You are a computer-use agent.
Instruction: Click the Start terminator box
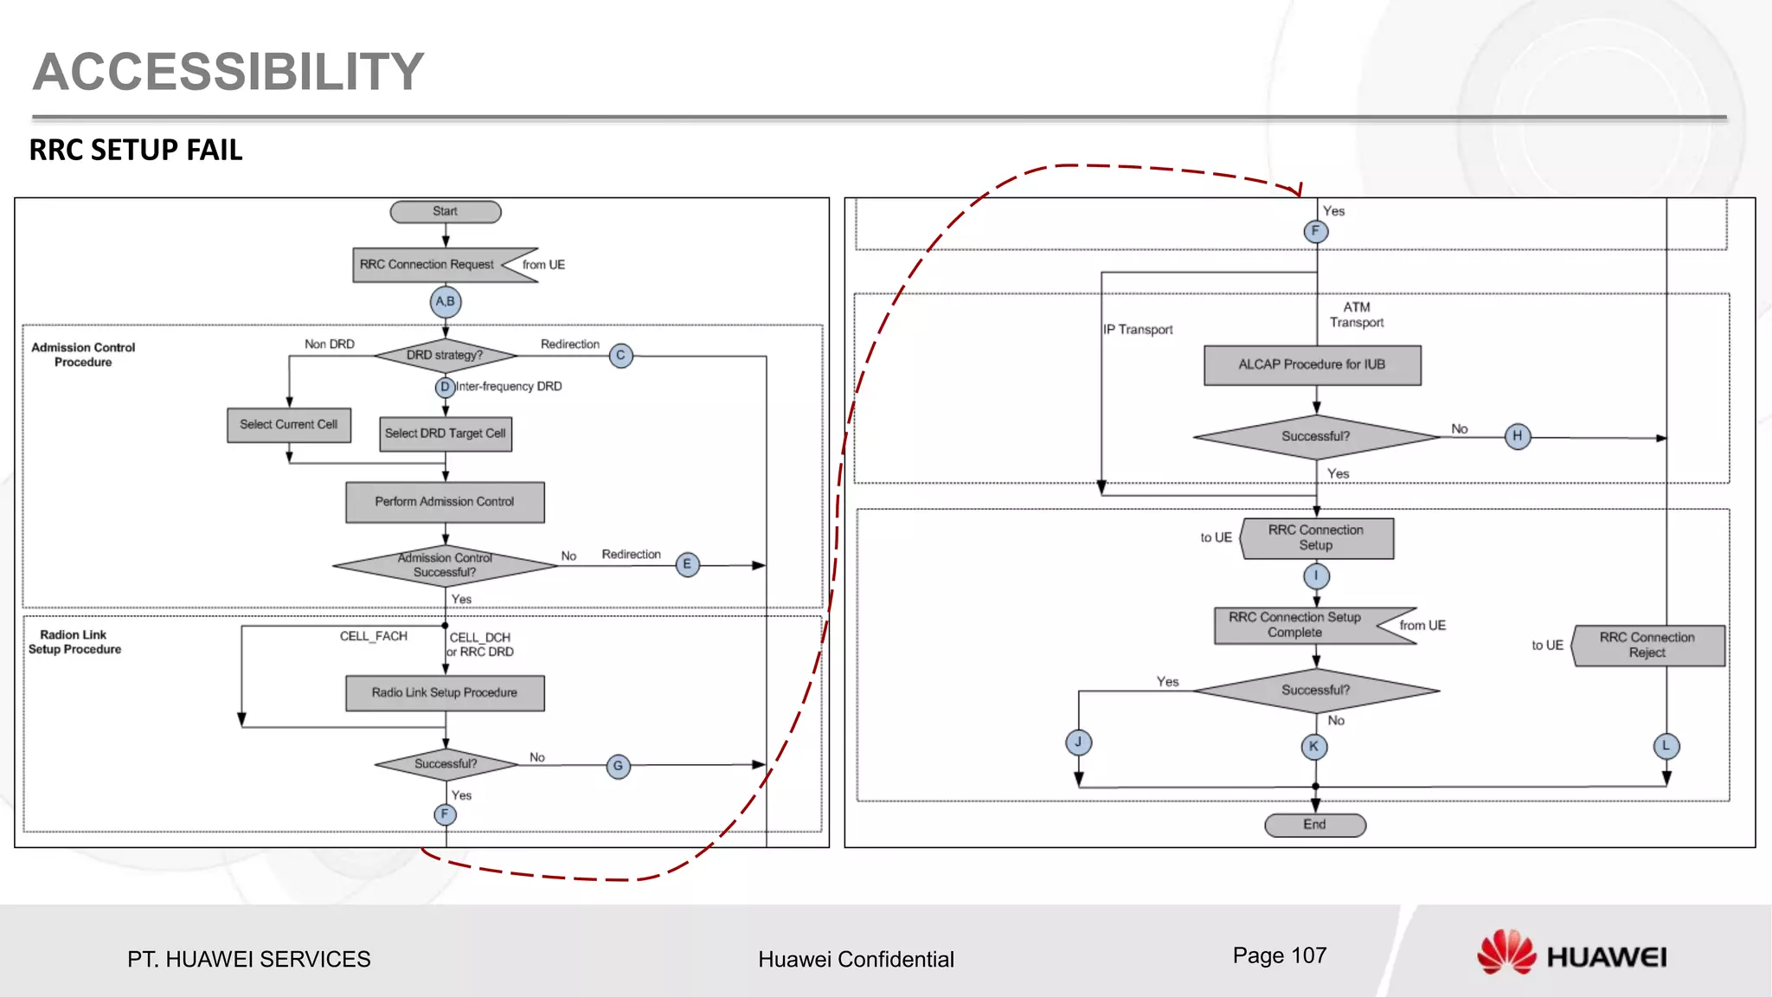446,211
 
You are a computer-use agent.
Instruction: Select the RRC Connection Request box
428,265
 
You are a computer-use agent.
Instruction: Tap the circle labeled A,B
446,302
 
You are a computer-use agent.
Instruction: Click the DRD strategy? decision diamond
446,356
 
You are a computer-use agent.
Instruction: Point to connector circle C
620,356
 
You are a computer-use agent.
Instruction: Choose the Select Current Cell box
289,425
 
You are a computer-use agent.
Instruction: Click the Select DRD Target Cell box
446,434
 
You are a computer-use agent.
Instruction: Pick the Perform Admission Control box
445,502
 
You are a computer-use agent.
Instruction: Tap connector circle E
687,565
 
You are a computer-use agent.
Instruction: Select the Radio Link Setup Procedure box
445,693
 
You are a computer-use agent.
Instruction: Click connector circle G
618,766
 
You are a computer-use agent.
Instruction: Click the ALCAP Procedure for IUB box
1312,365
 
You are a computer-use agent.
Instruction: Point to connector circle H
1518,436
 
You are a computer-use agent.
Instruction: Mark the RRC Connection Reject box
1648,646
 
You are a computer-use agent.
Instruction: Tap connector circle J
1078,743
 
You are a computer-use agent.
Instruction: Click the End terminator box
1315,825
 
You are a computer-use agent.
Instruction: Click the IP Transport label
1139,330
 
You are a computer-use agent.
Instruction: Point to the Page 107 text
1280,955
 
